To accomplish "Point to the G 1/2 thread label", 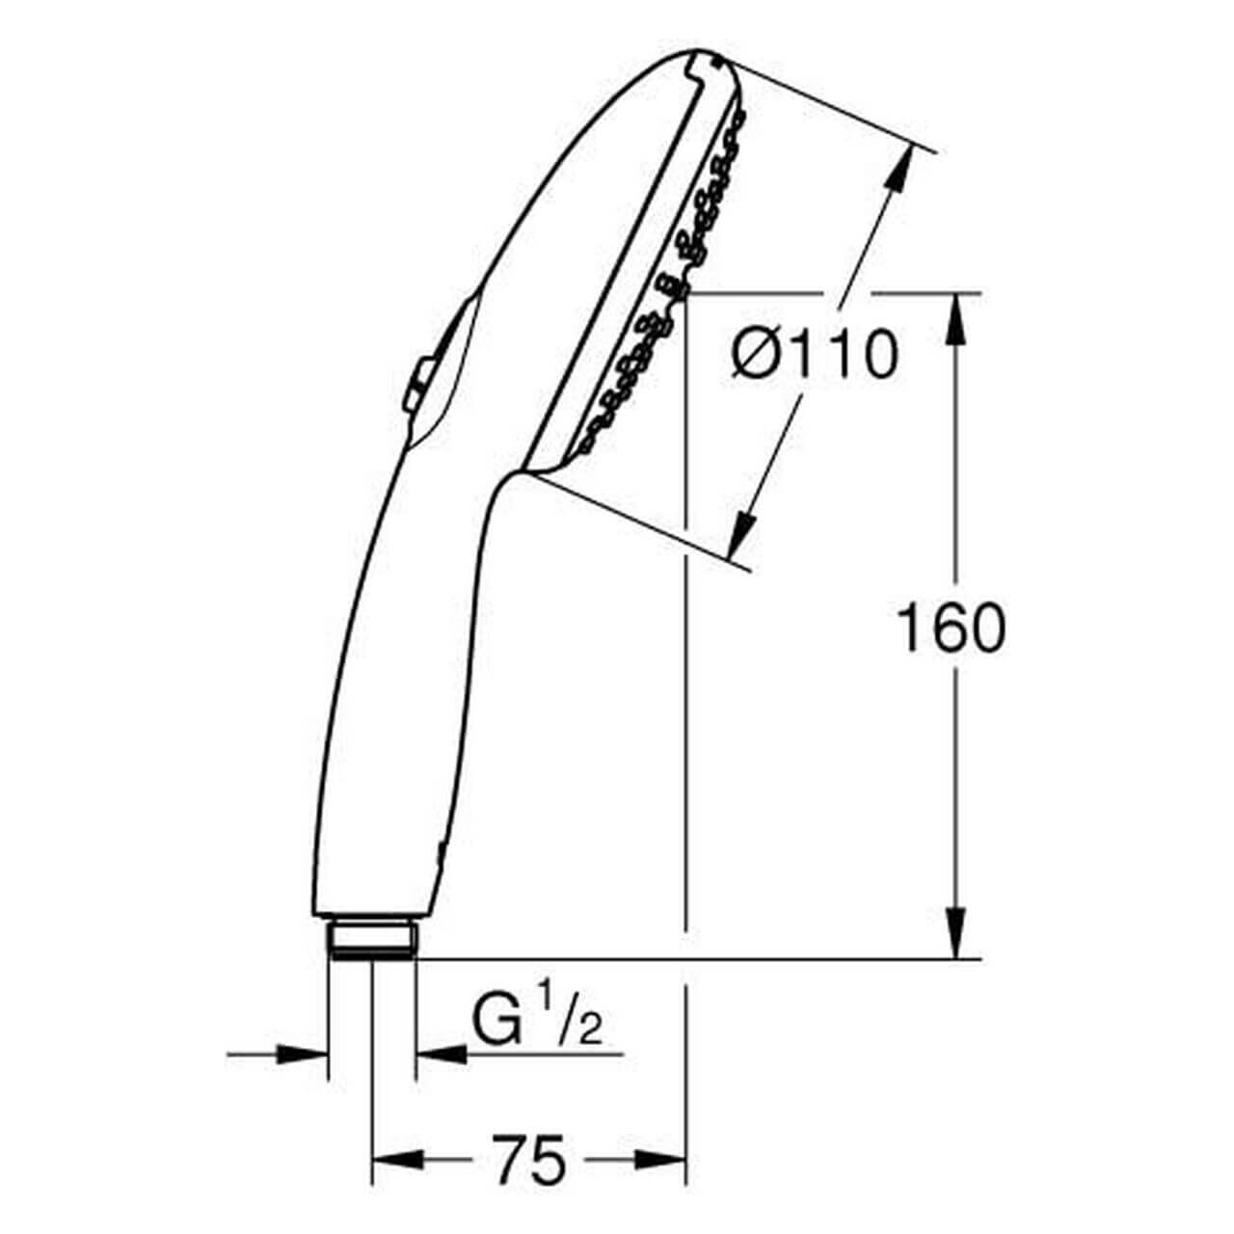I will pyautogui.click(x=536, y=1024).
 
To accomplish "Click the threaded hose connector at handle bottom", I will pyautogui.click(x=371, y=939).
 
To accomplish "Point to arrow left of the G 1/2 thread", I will pyautogui.click(x=305, y=1054).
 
